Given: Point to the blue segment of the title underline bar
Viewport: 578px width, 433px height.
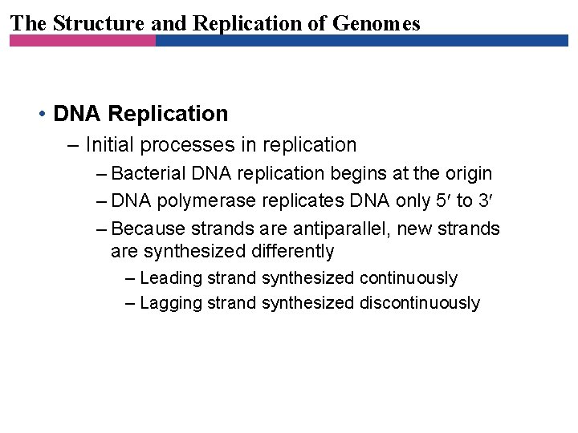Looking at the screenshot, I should [x=361, y=40].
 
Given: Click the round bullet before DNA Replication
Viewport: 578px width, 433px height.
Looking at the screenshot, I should [x=41, y=114].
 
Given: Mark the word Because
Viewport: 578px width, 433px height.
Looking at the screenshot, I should [x=148, y=229].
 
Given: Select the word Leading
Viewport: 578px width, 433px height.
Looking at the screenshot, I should [x=171, y=278].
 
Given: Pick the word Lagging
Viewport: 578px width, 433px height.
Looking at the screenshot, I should [x=171, y=302].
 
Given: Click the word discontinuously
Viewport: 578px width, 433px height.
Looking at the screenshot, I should [x=420, y=302].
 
